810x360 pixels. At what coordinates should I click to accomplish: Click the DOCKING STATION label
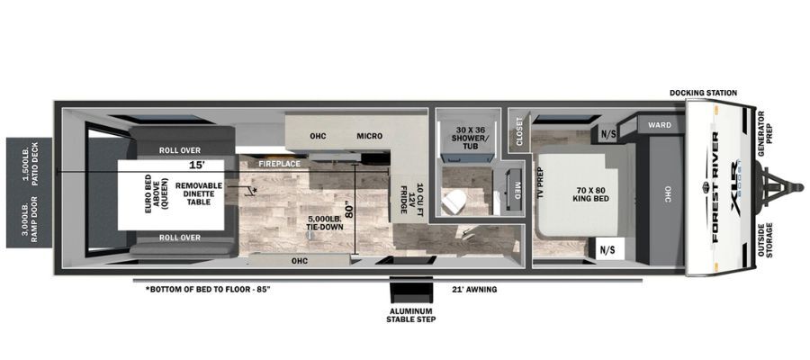pos(703,93)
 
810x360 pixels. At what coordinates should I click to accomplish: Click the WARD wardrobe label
pos(660,125)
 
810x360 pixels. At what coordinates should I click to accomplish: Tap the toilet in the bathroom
pos(454,202)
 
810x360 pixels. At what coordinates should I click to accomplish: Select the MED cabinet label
pos(517,187)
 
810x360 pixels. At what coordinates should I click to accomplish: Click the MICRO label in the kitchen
pos(369,136)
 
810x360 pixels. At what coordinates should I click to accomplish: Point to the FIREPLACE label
pos(280,164)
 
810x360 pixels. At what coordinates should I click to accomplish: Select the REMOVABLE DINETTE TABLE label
pos(199,193)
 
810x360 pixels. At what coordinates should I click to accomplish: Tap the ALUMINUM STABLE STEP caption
pos(411,315)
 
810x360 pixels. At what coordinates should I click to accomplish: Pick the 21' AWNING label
pos(473,290)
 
